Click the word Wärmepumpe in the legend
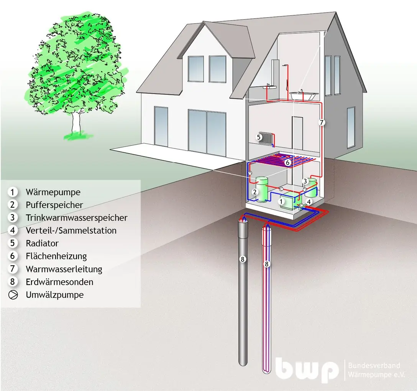[53, 192]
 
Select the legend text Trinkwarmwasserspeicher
[77, 218]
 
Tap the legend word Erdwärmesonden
[59, 282]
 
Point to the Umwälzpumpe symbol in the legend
[13, 295]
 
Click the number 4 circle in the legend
[13, 230]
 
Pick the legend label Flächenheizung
[56, 256]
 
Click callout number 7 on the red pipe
[322, 122]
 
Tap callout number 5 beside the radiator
[258, 137]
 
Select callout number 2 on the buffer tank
[255, 192]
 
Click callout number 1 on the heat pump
[281, 201]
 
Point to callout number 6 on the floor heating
[287, 162]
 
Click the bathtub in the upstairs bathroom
[304, 95]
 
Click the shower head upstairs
[286, 65]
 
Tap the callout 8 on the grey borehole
[242, 259]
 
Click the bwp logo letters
[307, 370]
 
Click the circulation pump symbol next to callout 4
[302, 205]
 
